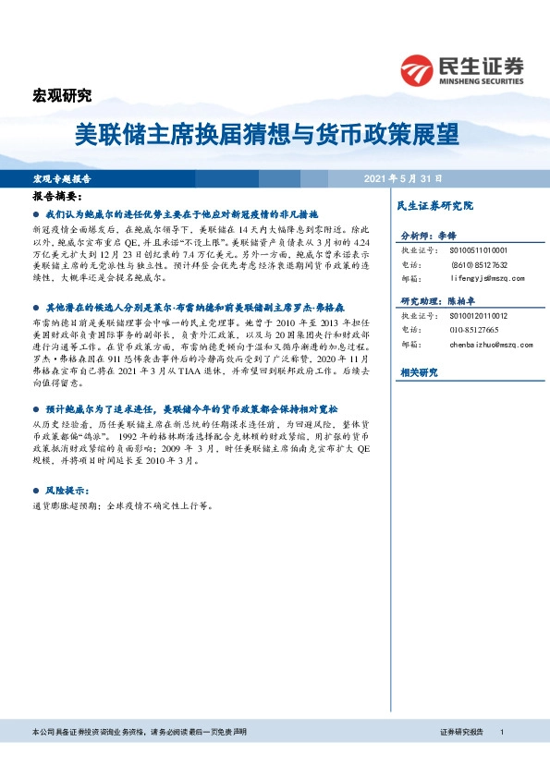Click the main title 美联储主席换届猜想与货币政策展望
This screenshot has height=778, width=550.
coord(266,135)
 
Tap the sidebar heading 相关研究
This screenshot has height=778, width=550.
coord(420,371)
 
